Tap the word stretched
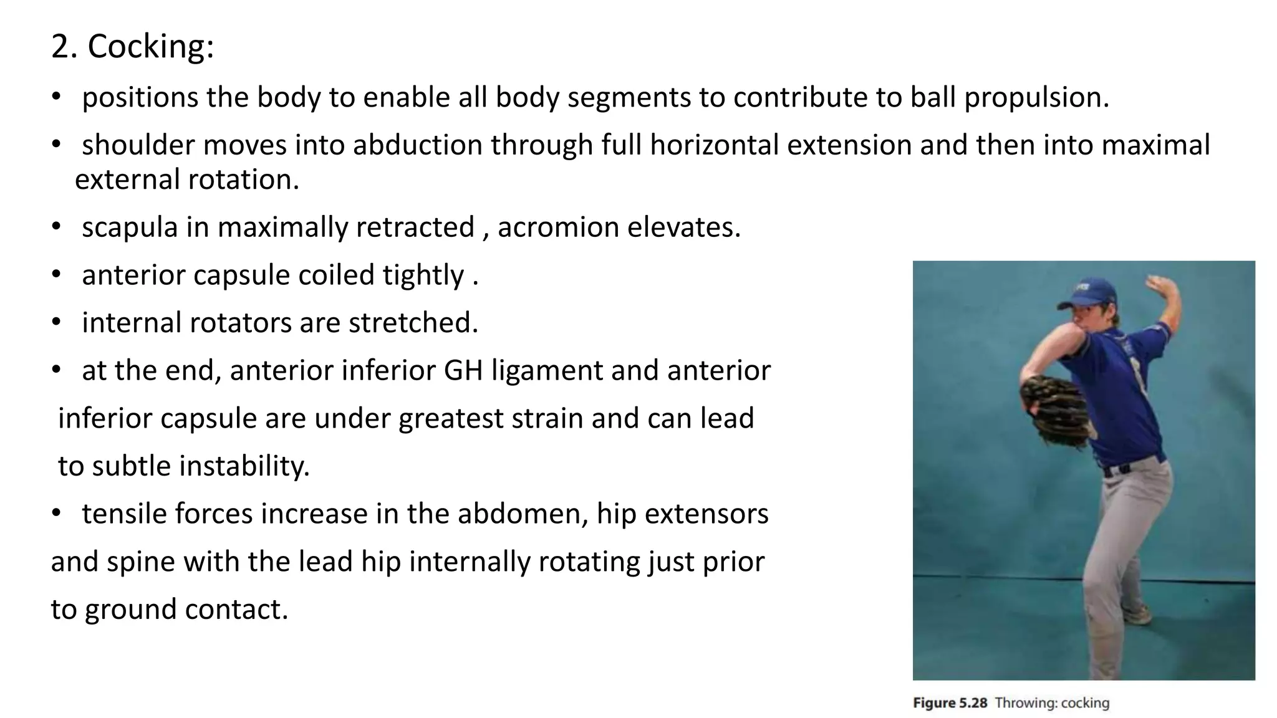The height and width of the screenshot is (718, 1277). [x=413, y=323]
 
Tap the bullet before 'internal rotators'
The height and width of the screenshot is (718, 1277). [x=56, y=323]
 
